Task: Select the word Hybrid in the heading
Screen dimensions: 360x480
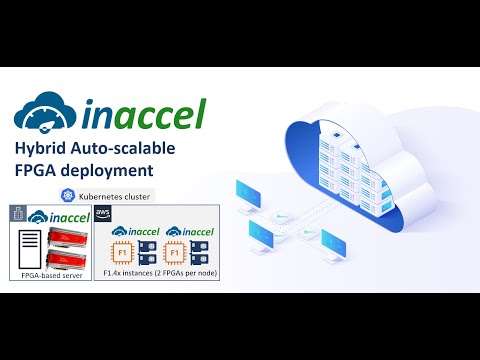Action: click(x=43, y=148)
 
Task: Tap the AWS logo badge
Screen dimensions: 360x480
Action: click(x=103, y=212)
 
